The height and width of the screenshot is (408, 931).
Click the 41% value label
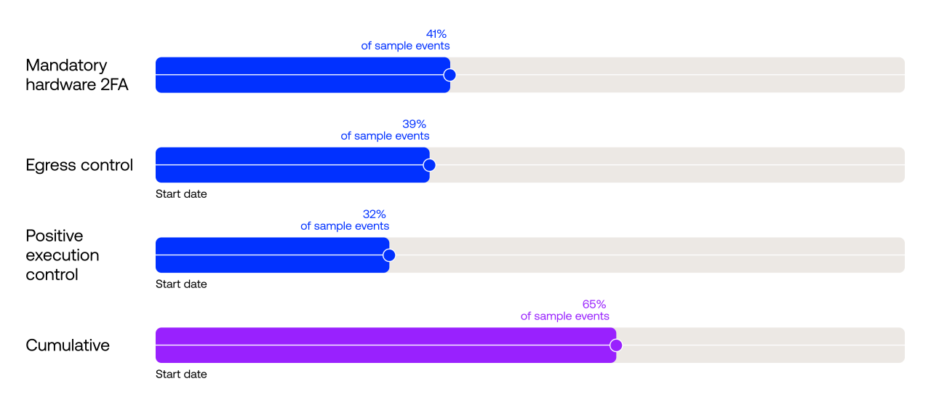436,33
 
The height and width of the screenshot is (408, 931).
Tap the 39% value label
414,124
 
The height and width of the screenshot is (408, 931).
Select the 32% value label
374,214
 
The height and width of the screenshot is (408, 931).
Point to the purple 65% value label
594,304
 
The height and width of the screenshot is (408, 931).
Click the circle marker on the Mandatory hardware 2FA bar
449,75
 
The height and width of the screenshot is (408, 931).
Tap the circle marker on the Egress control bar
429,165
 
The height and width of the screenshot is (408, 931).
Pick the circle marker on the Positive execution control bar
389,255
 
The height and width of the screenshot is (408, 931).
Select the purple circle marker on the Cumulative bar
616,345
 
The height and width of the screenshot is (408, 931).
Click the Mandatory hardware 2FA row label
77,75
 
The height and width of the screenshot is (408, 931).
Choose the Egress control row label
79,165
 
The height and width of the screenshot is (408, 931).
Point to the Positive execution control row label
63,255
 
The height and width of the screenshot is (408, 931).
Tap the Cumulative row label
68,345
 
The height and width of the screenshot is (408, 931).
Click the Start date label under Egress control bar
181,194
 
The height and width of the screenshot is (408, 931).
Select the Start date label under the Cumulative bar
181,375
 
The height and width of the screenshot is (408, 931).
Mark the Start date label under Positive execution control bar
181,284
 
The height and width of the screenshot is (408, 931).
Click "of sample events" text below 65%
565,316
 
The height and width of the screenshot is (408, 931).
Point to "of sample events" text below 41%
405,46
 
